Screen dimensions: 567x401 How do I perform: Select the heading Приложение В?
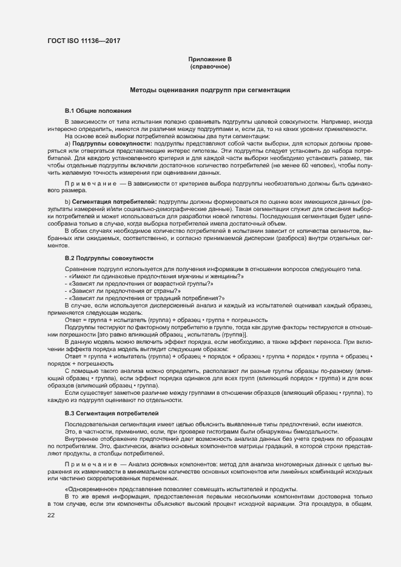(x=210, y=59)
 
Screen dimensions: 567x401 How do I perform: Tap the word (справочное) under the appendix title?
(x=210, y=67)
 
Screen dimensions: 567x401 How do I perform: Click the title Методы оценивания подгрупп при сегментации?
(x=210, y=90)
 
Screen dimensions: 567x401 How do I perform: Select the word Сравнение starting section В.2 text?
(x=80, y=269)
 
